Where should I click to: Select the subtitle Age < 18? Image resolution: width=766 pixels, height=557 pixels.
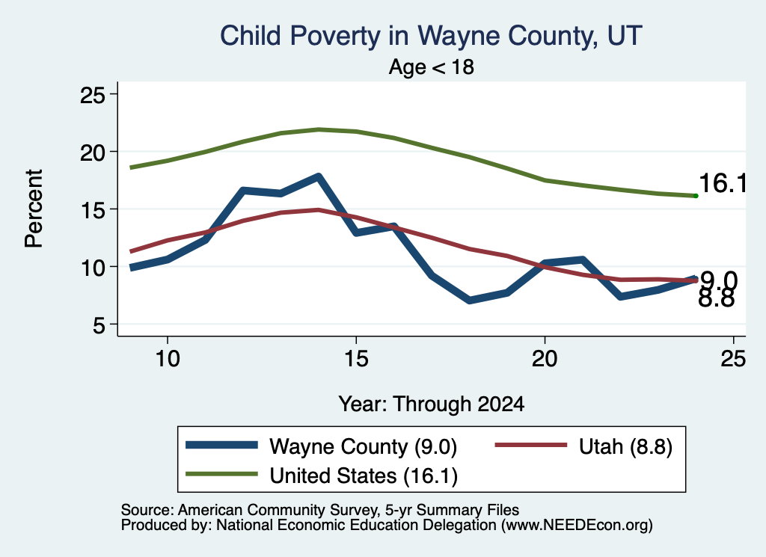432,67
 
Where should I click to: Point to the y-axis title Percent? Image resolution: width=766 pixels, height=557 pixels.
34,209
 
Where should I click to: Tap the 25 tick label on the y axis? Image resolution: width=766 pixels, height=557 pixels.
92,94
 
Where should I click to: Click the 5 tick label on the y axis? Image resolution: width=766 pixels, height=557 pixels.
99,324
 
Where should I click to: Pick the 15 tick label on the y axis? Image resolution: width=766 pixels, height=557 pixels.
92,209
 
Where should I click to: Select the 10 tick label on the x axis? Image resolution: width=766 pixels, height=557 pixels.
168,359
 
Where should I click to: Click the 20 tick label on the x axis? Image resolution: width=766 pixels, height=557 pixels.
545,359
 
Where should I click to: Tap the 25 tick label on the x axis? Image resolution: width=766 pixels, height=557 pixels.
733,359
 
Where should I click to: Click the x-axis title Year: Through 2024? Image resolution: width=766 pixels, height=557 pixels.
432,404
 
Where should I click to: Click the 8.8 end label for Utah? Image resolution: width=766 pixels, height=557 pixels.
716,298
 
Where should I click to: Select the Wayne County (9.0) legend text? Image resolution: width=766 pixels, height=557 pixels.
363,446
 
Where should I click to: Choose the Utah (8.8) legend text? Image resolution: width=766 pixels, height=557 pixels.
626,446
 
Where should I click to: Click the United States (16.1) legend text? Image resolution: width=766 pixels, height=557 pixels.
364,476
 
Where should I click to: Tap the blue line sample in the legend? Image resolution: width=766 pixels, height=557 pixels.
221,445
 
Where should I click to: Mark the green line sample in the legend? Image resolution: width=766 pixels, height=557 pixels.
221,474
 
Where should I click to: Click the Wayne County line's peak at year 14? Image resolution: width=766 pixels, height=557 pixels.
318,176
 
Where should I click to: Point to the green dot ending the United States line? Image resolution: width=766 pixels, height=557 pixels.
696,196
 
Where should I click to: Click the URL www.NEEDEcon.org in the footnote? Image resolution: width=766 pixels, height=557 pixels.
577,526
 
